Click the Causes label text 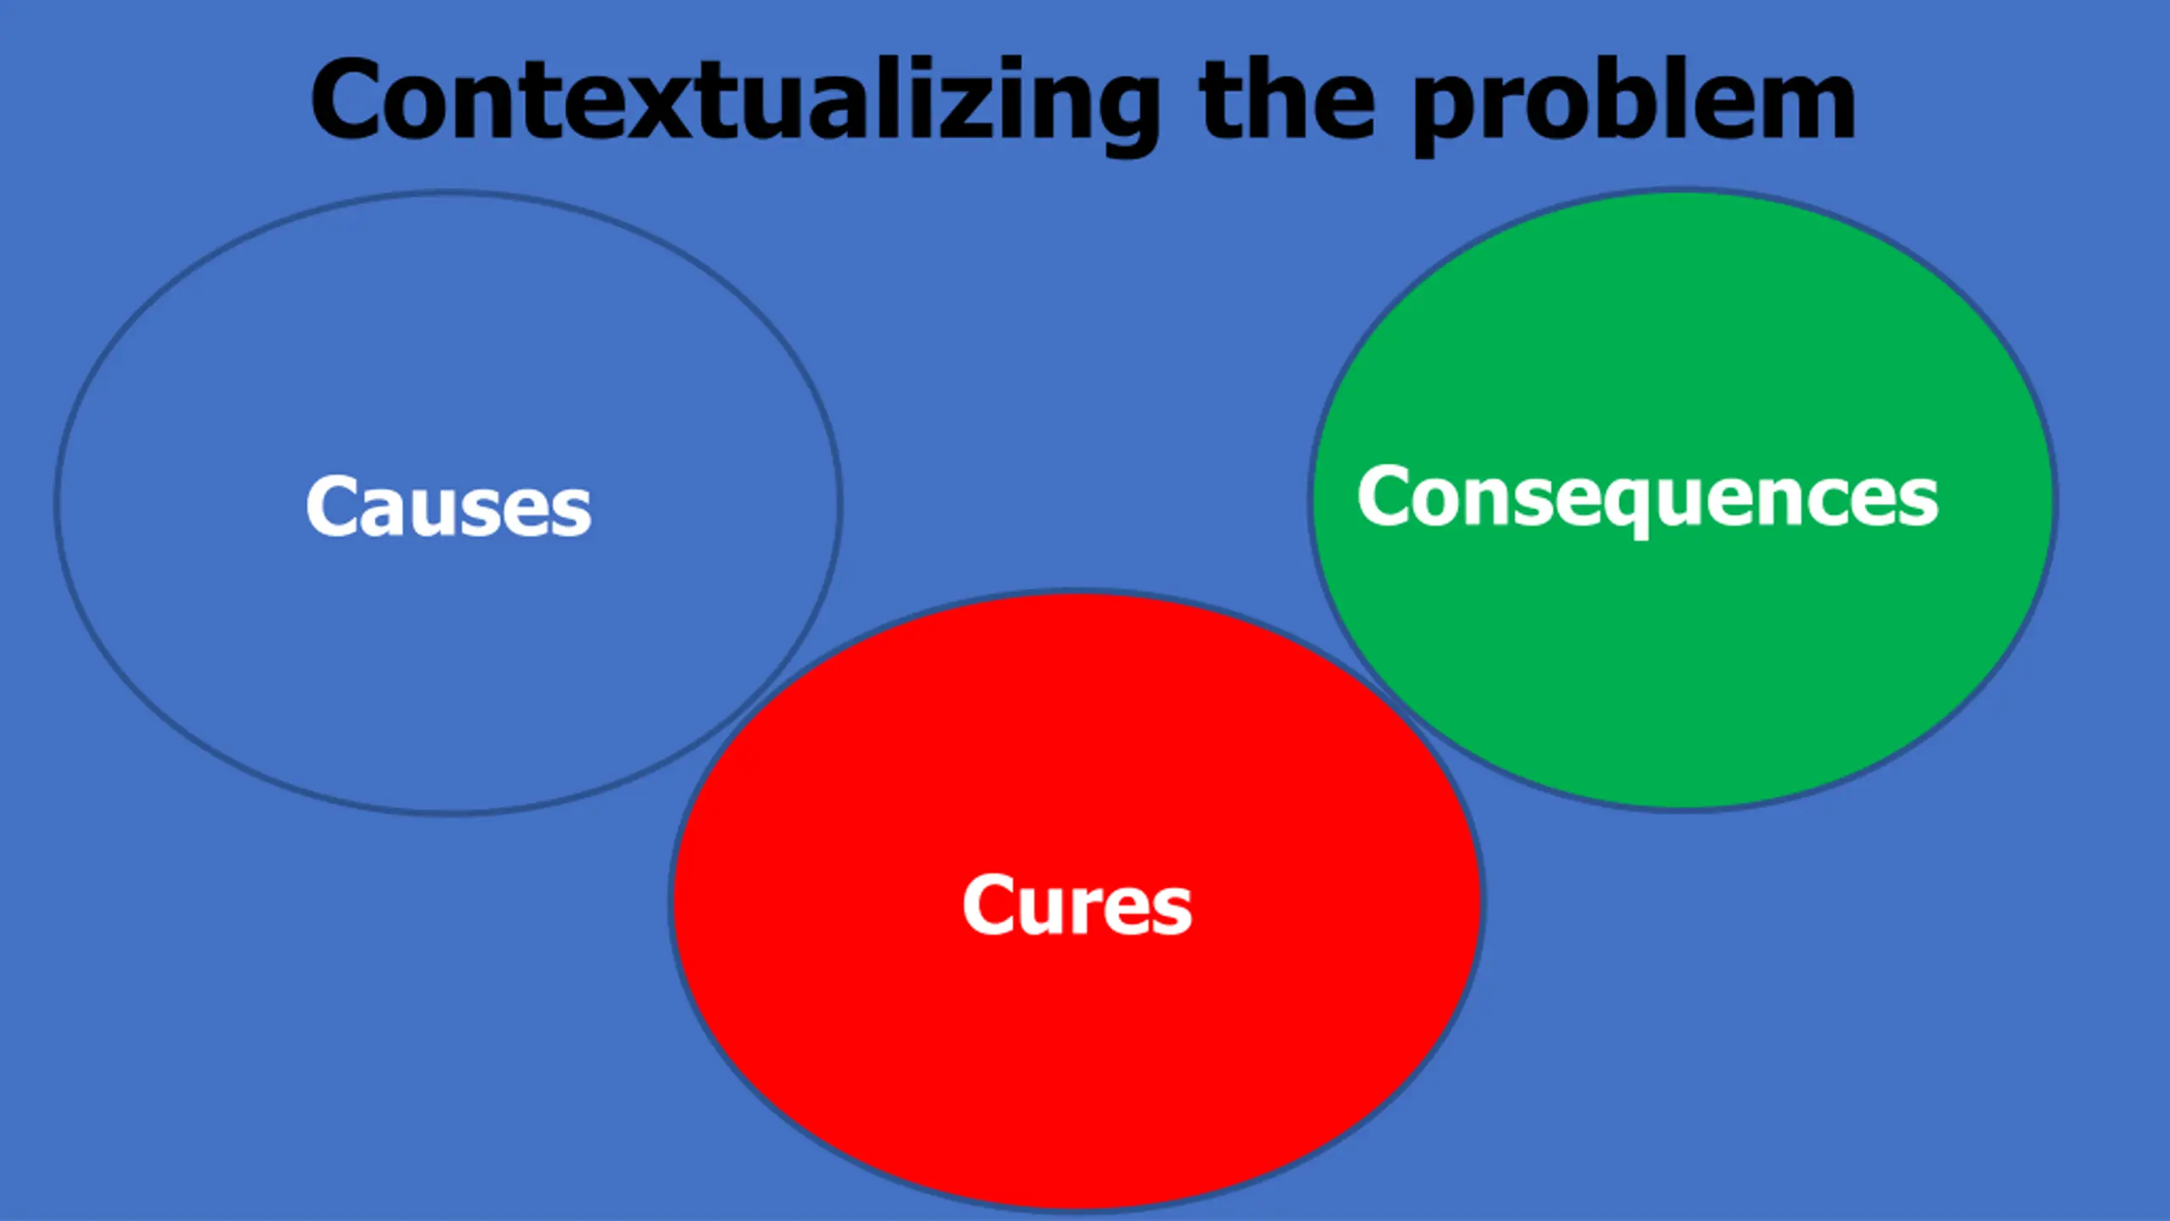click(448, 507)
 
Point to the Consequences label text click(1648, 499)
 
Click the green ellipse click(1682, 661)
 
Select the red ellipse click(1077, 1060)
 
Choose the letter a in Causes click(380, 512)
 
